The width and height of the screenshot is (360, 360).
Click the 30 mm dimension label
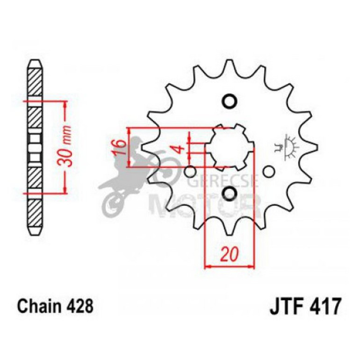[67, 146]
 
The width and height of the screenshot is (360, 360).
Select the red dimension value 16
[121, 148]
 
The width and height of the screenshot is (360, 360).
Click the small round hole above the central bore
[230, 101]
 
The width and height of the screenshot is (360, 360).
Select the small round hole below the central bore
[230, 193]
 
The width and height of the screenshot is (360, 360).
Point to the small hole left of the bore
[190, 171]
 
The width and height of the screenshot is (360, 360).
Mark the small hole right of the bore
[268, 172]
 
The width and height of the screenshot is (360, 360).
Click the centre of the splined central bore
[230, 147]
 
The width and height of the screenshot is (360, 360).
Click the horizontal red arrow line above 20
[230, 267]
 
